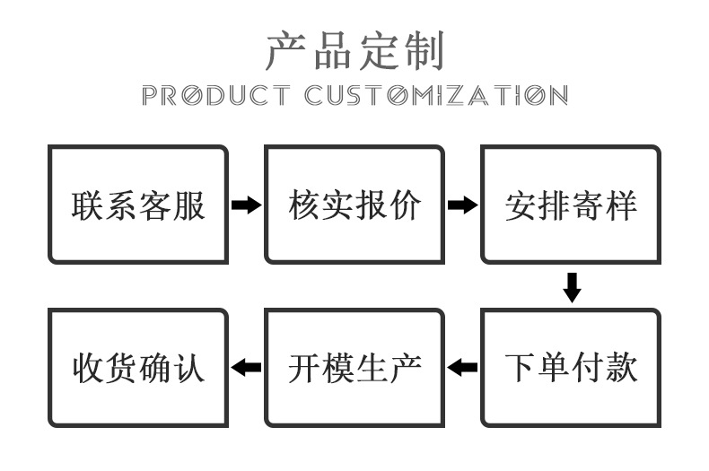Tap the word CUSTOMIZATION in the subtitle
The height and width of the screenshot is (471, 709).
coord(435,95)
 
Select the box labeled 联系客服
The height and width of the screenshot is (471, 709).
coord(138,205)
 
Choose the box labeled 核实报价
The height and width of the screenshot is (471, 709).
coord(354,205)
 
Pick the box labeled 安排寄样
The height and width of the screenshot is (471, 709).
coord(571,205)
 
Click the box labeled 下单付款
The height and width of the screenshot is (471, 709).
coord(571,367)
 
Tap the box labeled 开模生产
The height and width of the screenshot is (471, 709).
coord(354,367)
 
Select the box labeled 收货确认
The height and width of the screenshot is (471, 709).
coord(138,367)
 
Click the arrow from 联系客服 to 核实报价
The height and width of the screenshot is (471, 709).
coord(246,205)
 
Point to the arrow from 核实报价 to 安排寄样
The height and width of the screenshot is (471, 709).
coord(462,205)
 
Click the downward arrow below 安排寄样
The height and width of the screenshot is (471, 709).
coord(572,287)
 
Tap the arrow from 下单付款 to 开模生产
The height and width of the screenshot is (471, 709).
coord(462,367)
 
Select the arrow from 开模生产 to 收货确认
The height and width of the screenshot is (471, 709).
coord(246,367)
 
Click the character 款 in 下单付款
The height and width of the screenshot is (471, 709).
coord(621,368)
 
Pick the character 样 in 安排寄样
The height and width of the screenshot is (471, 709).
coord(621,205)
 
